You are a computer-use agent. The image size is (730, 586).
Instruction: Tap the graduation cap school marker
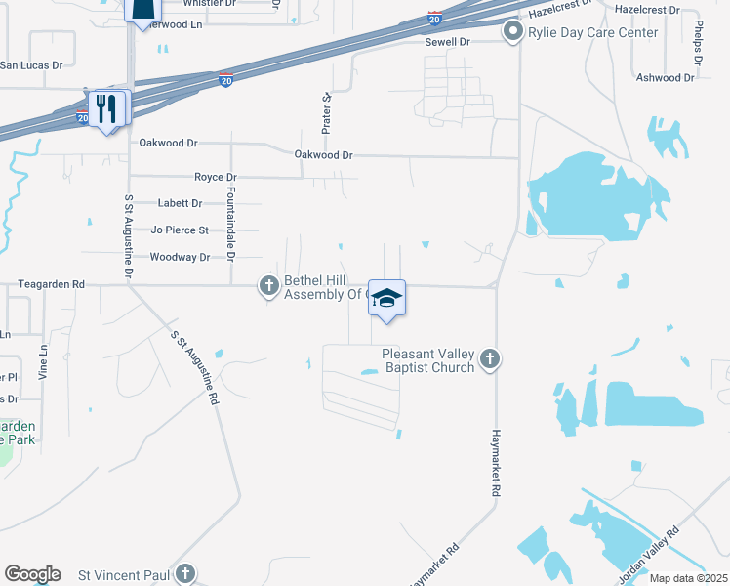(386, 298)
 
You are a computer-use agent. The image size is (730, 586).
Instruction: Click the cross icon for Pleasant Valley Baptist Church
(491, 360)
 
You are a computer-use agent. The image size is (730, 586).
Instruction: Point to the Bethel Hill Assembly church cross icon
(268, 286)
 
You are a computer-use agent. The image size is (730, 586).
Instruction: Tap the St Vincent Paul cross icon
(185, 574)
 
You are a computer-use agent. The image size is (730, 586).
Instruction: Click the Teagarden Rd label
(52, 284)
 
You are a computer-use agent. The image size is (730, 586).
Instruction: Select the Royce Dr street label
(216, 177)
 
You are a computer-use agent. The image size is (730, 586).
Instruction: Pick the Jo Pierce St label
(180, 230)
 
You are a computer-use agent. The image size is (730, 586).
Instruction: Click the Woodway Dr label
(180, 257)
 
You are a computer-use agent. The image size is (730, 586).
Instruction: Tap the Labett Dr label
(180, 203)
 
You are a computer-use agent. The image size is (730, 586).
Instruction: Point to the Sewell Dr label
(447, 42)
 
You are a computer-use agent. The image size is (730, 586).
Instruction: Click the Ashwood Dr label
(663, 77)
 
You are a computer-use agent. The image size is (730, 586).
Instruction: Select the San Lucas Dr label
(30, 65)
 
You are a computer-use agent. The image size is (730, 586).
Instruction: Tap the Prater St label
(328, 113)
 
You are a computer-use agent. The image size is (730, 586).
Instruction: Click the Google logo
(32, 574)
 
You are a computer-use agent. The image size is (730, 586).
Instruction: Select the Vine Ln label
(44, 362)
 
